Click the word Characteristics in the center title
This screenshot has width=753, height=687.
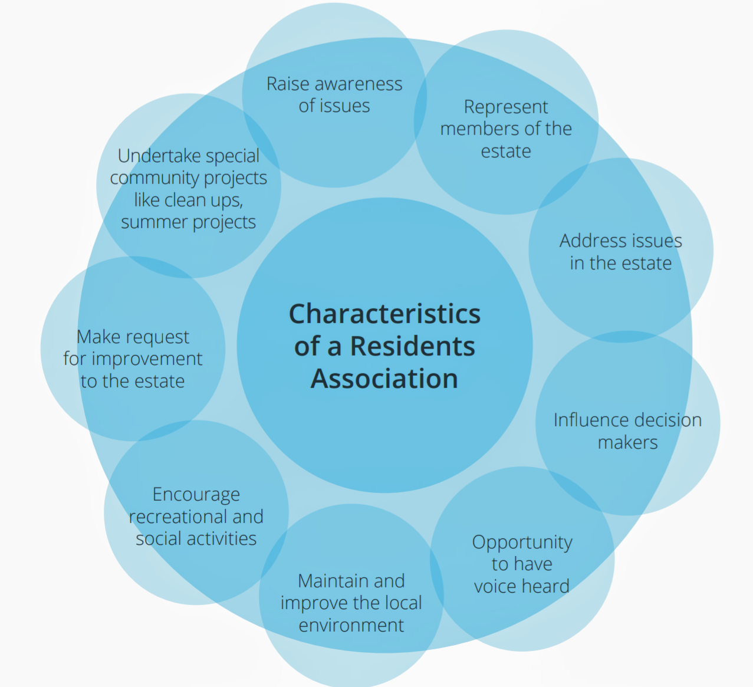pos(384,314)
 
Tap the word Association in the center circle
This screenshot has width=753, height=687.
pos(384,379)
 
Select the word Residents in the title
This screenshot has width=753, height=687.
pos(412,346)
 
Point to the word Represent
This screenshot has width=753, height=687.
pos(506,107)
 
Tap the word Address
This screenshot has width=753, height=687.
pos(593,241)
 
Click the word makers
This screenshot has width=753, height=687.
pos(627,442)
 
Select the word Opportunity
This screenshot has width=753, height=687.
pos(522,543)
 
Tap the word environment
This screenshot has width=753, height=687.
pos(351,625)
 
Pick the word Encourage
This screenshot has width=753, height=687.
pos(196,495)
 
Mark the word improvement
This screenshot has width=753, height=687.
pos(147,359)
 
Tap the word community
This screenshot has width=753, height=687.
pos(154,177)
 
